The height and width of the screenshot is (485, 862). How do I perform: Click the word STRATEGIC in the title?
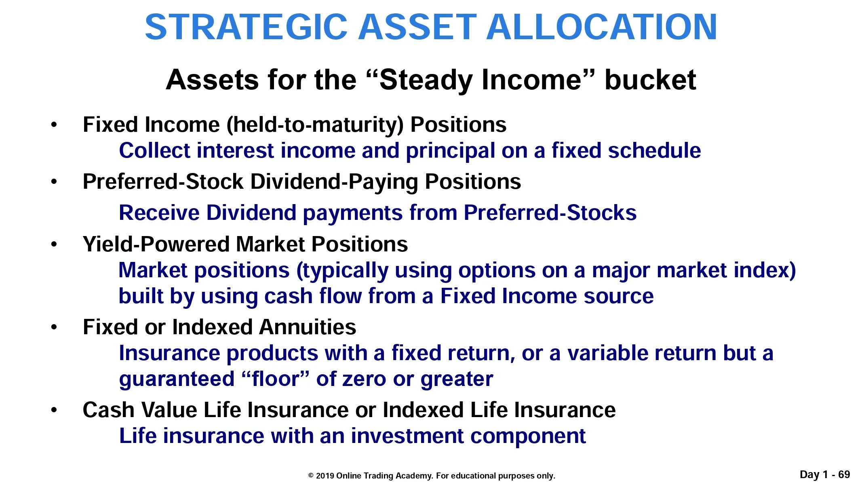[x=246, y=27]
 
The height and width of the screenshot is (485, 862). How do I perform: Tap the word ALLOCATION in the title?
[x=602, y=27]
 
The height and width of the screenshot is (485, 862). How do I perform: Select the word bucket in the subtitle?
[x=650, y=80]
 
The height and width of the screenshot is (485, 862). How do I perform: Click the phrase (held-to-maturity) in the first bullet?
[x=315, y=125]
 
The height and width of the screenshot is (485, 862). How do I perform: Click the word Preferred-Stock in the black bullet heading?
[x=163, y=181]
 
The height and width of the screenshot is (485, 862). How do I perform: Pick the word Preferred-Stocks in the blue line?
[x=550, y=213]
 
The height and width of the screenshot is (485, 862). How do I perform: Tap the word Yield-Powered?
[x=156, y=245]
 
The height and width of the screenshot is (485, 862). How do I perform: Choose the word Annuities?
[x=308, y=327]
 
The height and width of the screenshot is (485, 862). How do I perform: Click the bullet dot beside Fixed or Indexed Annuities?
[x=54, y=327]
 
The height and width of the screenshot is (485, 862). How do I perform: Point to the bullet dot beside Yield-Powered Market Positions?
[x=54, y=245]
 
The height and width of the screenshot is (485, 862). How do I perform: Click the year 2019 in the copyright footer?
[x=325, y=476]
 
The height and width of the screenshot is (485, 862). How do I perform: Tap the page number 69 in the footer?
[x=844, y=474]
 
